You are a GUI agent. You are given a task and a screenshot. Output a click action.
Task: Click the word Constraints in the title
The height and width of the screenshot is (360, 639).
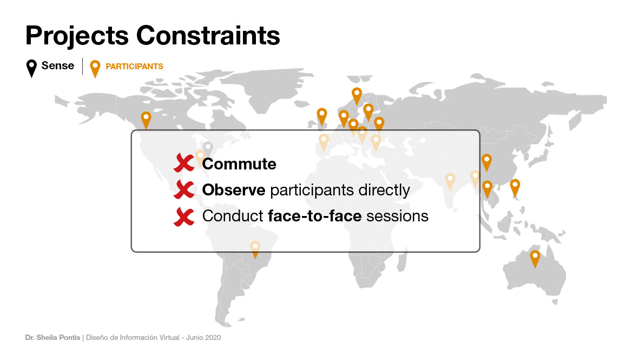(x=208, y=36)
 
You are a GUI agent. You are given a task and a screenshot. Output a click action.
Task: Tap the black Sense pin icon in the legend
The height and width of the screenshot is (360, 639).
(x=31, y=68)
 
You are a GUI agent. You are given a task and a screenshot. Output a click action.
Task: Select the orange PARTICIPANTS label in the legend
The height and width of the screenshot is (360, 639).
(x=135, y=67)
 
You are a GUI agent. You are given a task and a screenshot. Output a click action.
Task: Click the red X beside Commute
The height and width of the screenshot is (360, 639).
(x=184, y=163)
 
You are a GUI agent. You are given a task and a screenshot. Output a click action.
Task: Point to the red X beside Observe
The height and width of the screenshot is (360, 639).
(x=184, y=189)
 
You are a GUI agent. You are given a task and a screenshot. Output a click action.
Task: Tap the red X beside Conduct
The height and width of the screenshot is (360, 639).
(x=184, y=216)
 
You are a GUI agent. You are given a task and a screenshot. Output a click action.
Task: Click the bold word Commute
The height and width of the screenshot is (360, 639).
(x=239, y=164)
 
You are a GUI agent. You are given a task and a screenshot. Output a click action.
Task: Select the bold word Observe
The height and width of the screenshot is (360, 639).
(x=234, y=190)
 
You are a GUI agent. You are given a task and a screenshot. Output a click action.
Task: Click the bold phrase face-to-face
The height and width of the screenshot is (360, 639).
(x=314, y=216)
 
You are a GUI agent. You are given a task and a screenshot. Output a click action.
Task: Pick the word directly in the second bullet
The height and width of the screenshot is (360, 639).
(x=384, y=191)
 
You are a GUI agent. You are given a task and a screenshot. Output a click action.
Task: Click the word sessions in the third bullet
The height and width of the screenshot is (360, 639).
(x=397, y=216)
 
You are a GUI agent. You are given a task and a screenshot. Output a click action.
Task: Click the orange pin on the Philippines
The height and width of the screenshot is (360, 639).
(x=515, y=188)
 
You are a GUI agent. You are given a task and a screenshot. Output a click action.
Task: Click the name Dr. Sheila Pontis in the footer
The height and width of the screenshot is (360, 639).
(x=52, y=338)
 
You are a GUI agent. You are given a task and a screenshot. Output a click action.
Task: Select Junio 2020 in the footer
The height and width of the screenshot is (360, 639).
(x=203, y=338)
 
